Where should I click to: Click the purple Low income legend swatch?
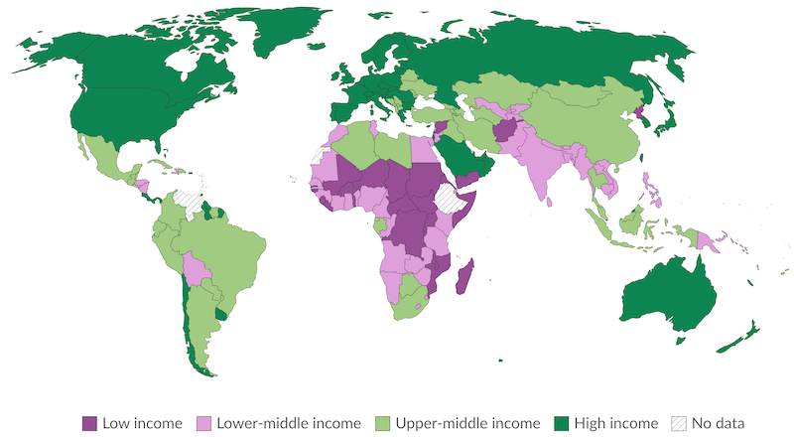pyautogui.click(x=89, y=422)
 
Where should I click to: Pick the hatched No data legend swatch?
pyautogui.click(x=680, y=422)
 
